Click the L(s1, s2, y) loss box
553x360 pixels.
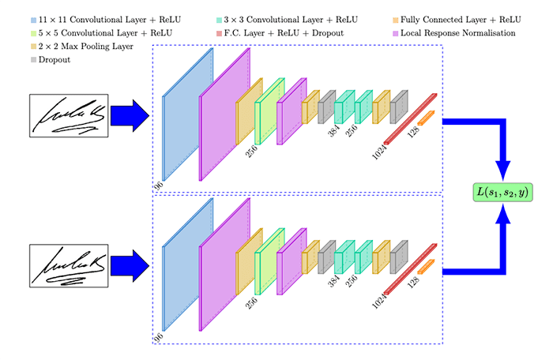tap(501, 190)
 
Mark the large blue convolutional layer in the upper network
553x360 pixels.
tap(188, 115)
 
